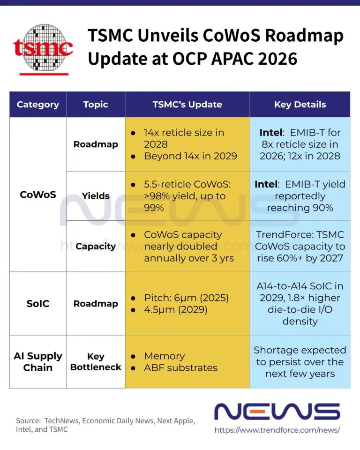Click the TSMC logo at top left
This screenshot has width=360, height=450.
point(43,49)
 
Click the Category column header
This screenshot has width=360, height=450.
point(38,105)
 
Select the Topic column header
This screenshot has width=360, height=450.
point(96,105)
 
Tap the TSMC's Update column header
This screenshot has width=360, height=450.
point(187,105)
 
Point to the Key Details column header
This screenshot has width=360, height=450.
point(300,105)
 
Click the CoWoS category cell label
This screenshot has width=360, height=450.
point(38,195)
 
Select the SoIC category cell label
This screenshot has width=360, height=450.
point(38,303)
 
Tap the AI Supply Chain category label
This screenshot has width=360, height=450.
point(38,361)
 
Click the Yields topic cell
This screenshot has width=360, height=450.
point(96,196)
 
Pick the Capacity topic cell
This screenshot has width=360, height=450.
point(96,246)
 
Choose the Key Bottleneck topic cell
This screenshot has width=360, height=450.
point(96,361)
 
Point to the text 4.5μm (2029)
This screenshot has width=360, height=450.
point(176,310)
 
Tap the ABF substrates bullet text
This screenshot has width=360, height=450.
point(181,367)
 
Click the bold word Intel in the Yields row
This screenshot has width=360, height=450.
point(266,184)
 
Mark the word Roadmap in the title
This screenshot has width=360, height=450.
point(304,36)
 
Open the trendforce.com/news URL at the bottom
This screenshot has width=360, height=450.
point(277,430)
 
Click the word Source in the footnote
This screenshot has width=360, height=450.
point(29,421)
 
